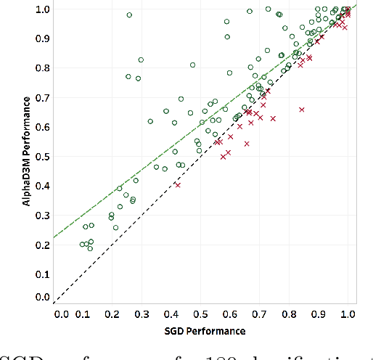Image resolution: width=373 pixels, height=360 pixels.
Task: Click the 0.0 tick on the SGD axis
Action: coord(62,315)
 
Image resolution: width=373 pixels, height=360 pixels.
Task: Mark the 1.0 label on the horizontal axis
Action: coord(348,315)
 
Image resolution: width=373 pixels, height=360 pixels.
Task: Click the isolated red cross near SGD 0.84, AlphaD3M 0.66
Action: coord(301,110)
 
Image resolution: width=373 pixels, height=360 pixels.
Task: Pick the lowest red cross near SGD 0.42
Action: coord(177,185)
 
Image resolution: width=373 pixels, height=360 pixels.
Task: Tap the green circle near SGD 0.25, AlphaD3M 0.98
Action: coord(129,15)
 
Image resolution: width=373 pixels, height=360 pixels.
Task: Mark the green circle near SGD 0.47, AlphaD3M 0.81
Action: coord(192,65)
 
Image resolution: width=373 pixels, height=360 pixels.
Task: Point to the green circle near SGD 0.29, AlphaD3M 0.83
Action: coord(141,60)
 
